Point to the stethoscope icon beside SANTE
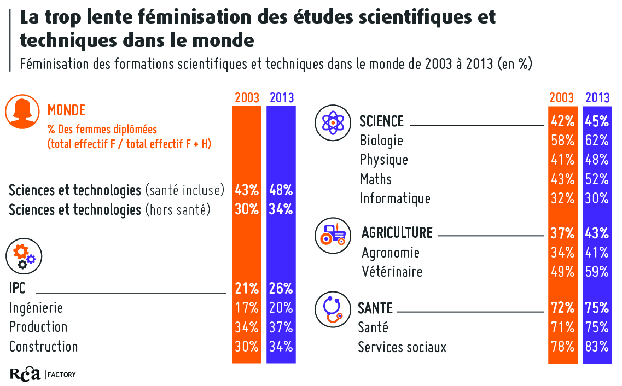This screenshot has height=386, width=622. pyautogui.click(x=333, y=309)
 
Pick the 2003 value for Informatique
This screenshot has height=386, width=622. pyautogui.click(x=563, y=198)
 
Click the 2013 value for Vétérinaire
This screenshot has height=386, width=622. pyautogui.click(x=597, y=272)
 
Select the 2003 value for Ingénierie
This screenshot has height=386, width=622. pyautogui.click(x=246, y=308)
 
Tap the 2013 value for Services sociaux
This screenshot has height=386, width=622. pyautogui.click(x=597, y=347)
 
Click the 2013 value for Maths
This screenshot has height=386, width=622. pyautogui.click(x=597, y=179)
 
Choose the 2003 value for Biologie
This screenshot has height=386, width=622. pyautogui.click(x=563, y=141)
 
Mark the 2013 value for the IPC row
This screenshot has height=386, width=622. pyautogui.click(x=281, y=288)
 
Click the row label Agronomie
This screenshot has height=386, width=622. pyautogui.click(x=391, y=253)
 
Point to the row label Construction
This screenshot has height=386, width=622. pyautogui.click(x=44, y=347)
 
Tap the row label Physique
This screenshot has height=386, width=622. pyautogui.click(x=384, y=160)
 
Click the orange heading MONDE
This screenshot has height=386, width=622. pyautogui.click(x=66, y=110)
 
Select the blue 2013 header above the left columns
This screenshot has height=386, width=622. pyautogui.click(x=282, y=98)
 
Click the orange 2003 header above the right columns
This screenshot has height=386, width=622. pyautogui.click(x=562, y=98)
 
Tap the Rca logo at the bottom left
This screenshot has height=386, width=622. pyautogui.click(x=25, y=374)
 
